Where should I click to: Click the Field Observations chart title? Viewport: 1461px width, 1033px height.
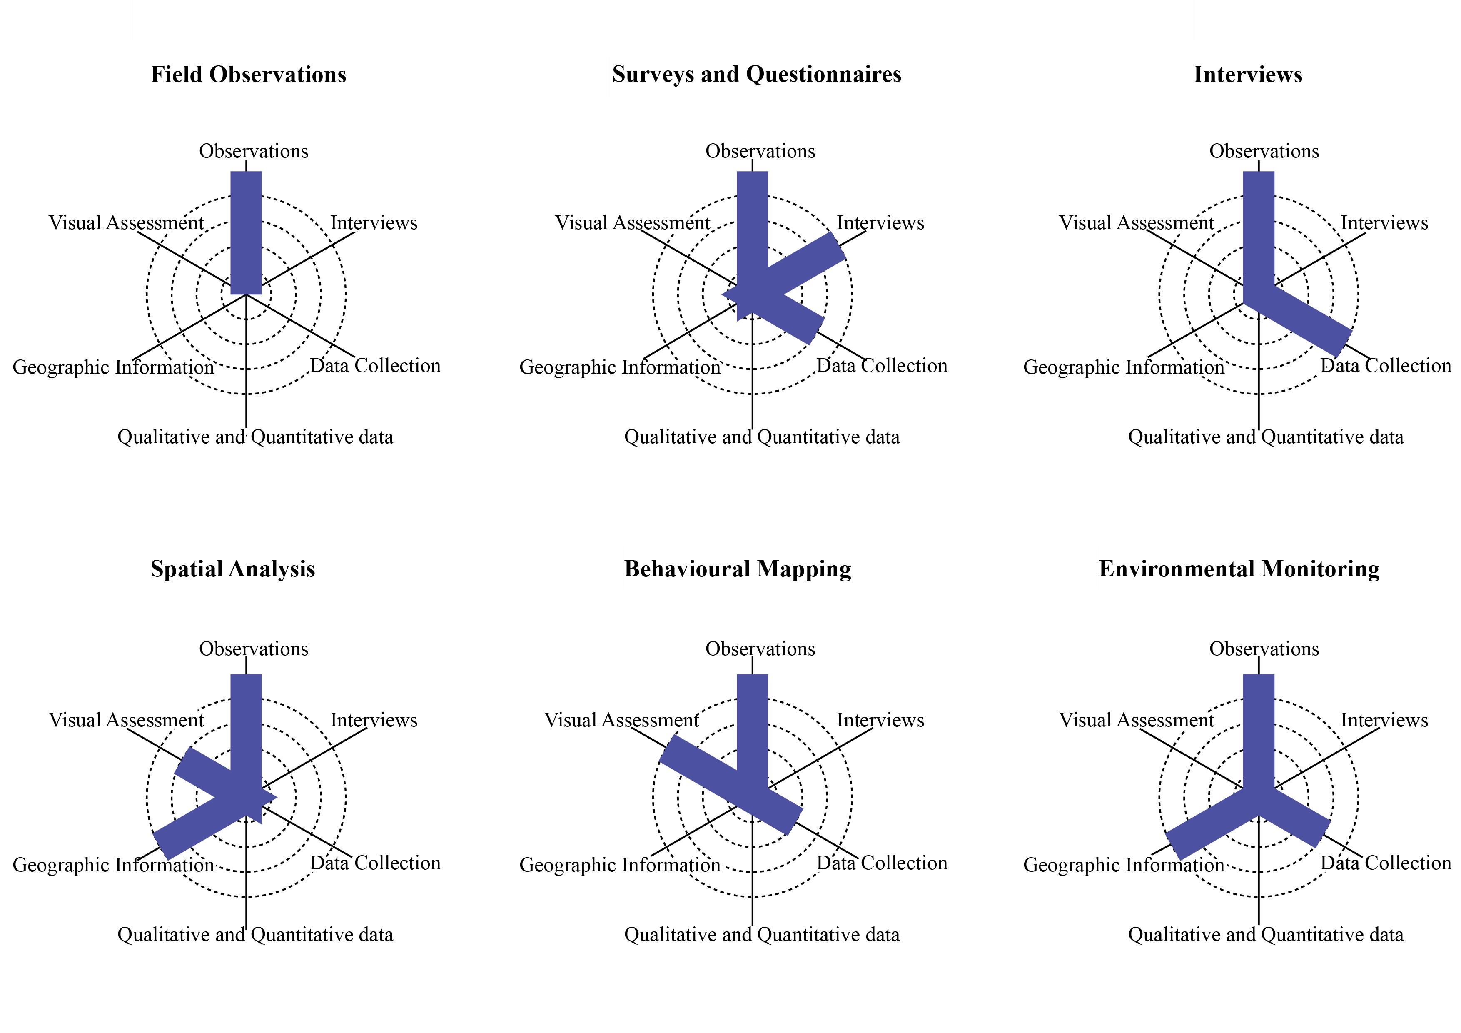[248, 75]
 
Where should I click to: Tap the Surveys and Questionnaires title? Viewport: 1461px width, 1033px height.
[757, 75]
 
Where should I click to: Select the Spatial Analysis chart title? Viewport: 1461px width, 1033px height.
[232, 569]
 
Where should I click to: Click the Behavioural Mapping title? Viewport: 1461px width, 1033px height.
[738, 569]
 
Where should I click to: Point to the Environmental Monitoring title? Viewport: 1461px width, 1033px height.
[1239, 569]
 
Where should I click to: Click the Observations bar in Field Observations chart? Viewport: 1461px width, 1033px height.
[246, 232]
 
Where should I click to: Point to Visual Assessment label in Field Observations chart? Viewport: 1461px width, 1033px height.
[126, 223]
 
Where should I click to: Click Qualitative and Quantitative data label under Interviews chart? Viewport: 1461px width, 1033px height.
[1266, 437]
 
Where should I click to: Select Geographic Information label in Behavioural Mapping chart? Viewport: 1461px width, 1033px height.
[620, 865]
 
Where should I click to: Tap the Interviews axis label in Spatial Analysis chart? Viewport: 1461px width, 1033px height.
[374, 721]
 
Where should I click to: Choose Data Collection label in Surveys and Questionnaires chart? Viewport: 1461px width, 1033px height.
[882, 366]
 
